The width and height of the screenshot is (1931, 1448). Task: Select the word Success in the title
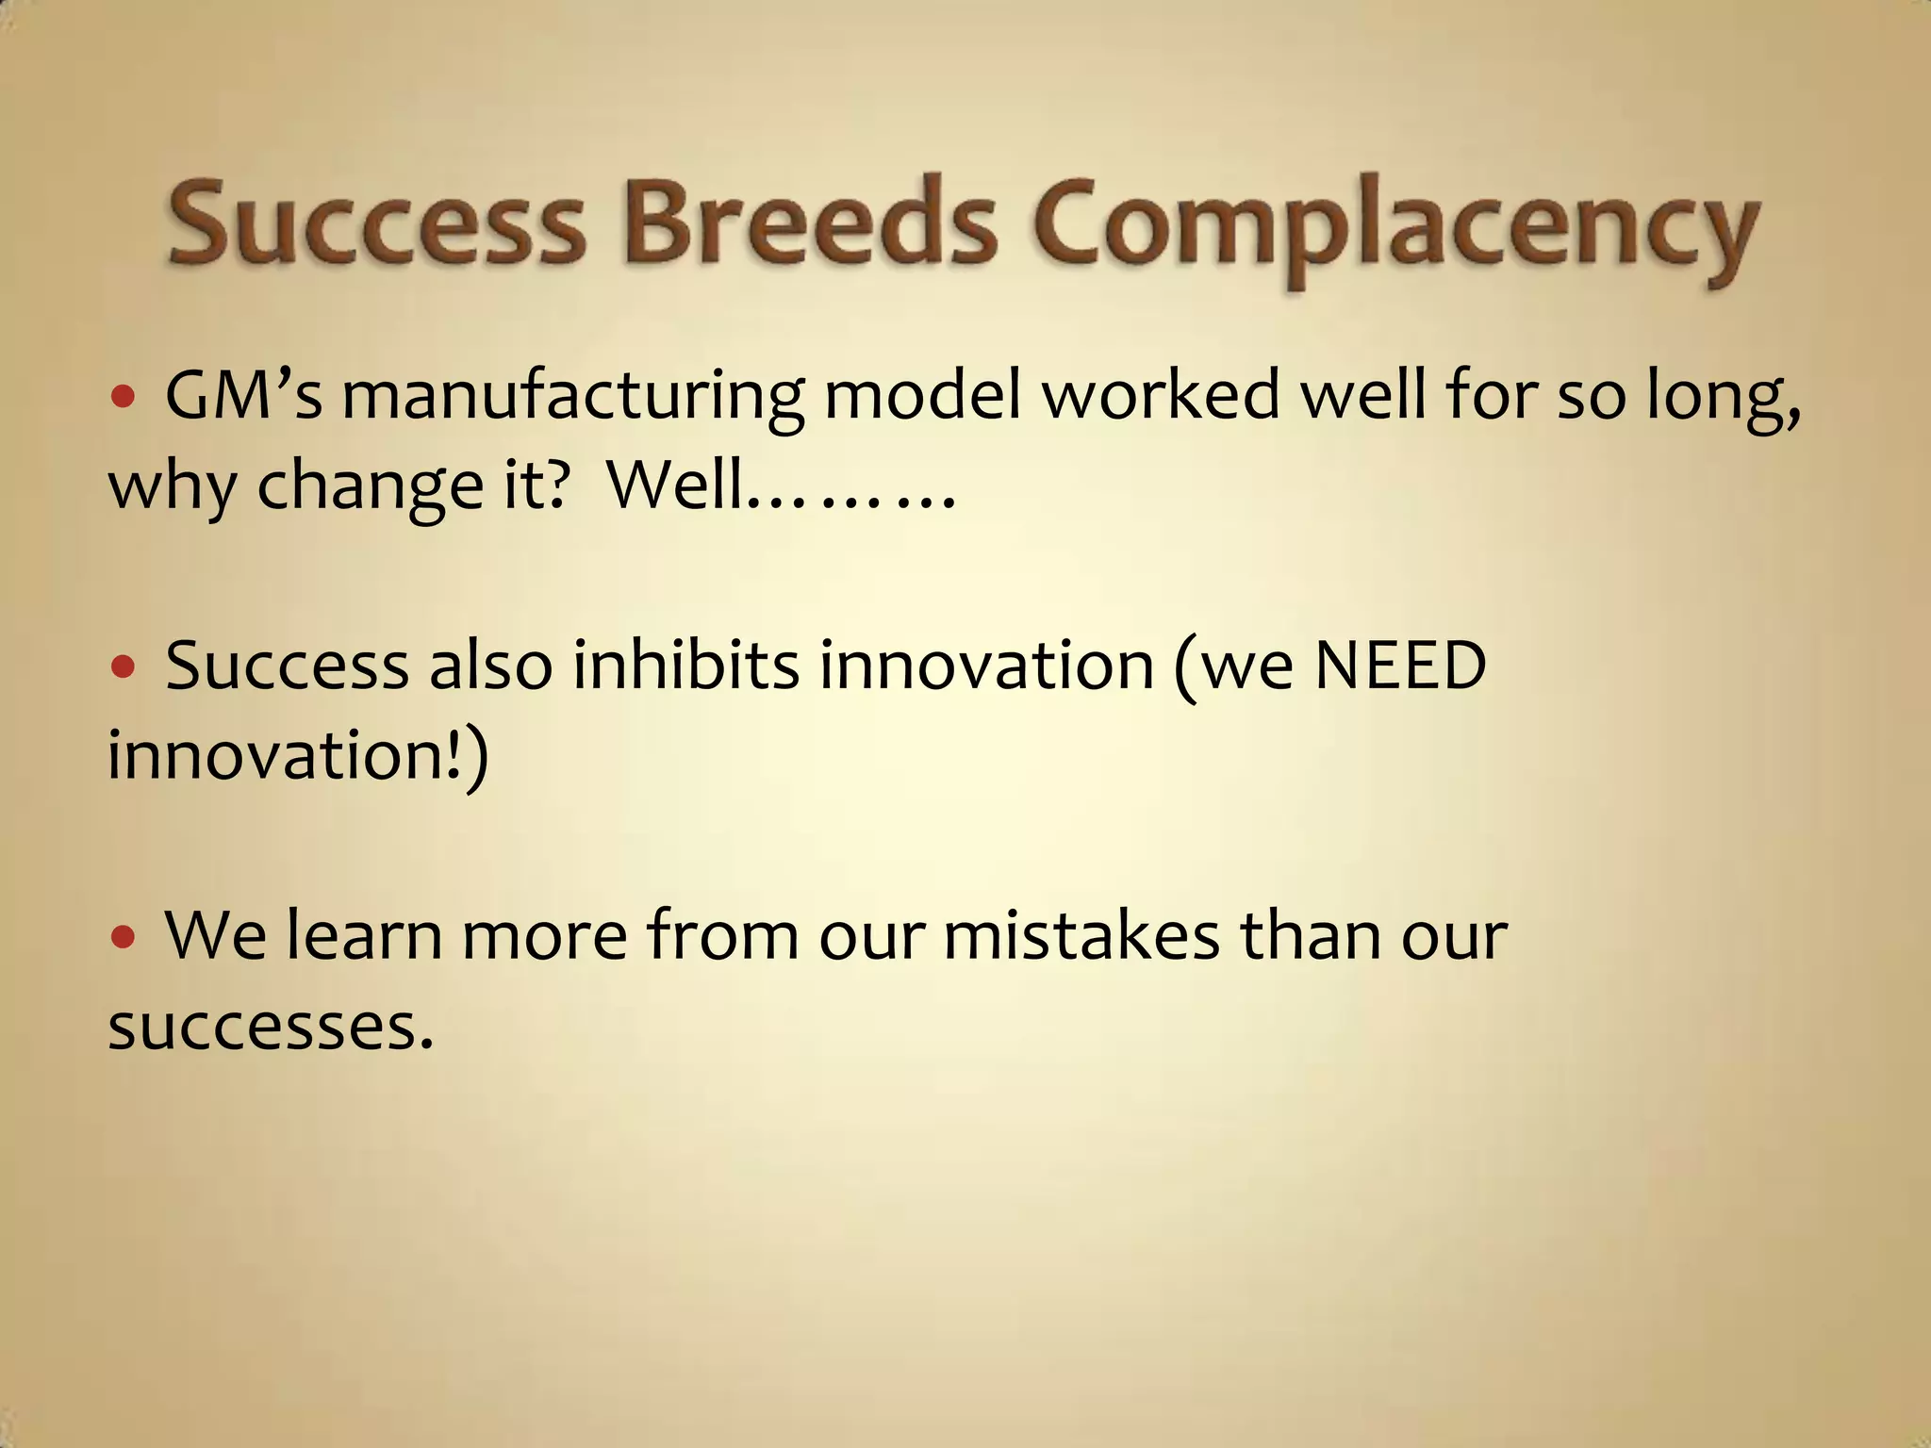click(x=377, y=224)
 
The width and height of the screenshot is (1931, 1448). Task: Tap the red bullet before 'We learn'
click(x=124, y=938)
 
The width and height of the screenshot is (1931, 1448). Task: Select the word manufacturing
click(x=572, y=396)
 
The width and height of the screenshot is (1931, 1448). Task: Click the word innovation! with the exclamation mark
click(x=288, y=755)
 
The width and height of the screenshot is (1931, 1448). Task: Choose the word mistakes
click(x=1081, y=935)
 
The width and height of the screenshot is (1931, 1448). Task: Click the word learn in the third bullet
click(x=364, y=935)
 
